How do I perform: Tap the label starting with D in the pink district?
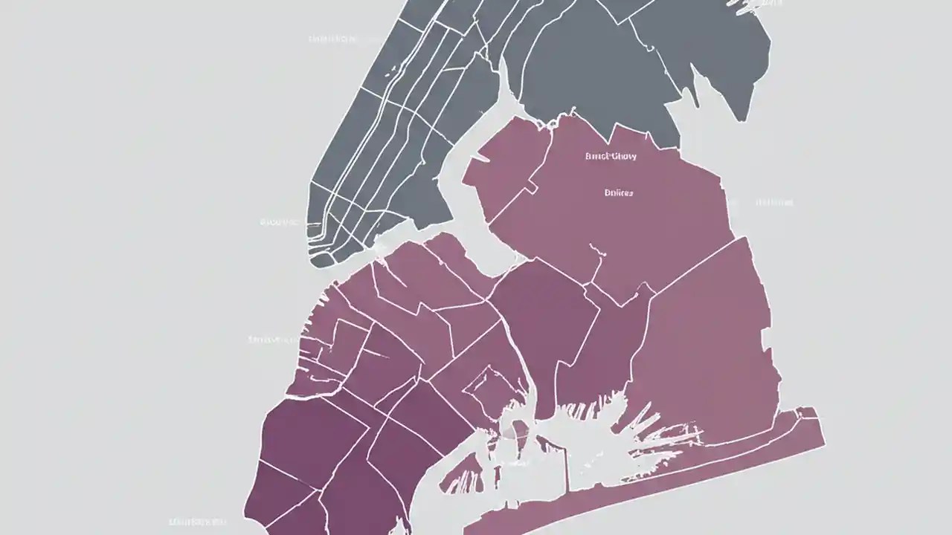tap(618, 192)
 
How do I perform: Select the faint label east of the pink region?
tap(774, 202)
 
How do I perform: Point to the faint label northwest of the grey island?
tap(332, 39)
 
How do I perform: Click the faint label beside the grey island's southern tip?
tap(279, 221)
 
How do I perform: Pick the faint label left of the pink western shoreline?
tap(271, 340)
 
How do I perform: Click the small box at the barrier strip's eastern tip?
tap(807, 414)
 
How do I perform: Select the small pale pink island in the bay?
tap(513, 429)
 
